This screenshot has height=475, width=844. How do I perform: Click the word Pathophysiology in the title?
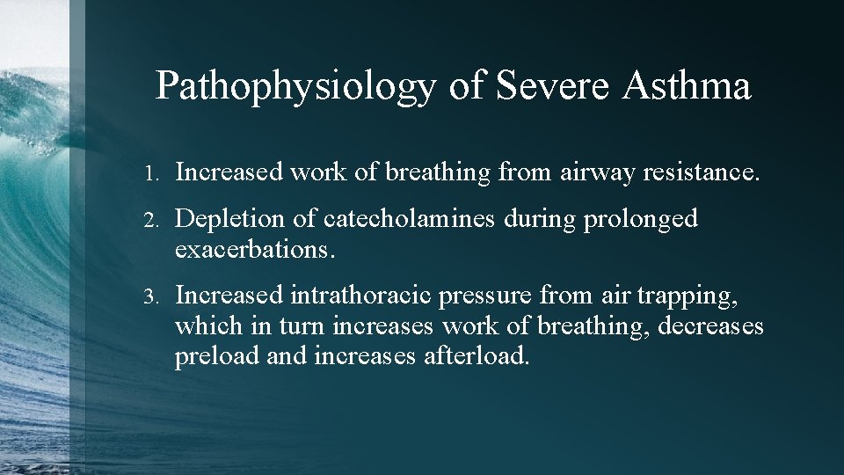295,86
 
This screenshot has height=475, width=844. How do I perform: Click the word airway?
595,173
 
